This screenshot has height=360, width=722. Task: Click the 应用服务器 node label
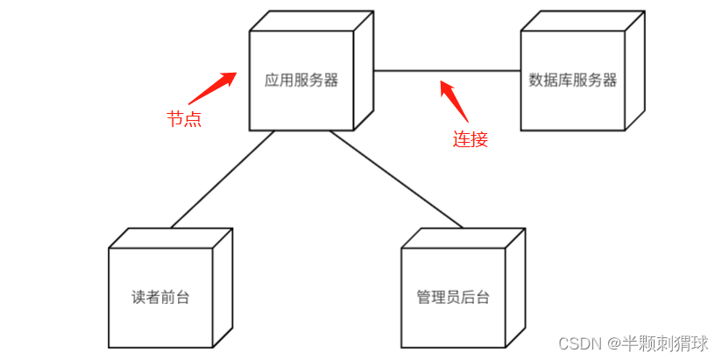(301, 81)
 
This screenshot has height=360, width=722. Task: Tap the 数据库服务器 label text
(573, 81)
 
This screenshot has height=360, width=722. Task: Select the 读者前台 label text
(160, 297)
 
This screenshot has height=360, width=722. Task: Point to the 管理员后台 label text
(453, 297)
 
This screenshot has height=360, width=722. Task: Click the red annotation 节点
(184, 119)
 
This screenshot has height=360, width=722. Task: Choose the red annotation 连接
(470, 138)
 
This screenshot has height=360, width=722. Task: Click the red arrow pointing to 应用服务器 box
(212, 88)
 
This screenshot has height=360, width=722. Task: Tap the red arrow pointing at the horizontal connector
(453, 100)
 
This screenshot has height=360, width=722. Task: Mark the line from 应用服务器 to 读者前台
(223, 180)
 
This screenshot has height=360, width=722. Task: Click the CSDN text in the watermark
(576, 342)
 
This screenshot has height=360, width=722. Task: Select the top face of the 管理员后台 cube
(464, 238)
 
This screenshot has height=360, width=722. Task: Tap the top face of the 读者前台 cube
(171, 238)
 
